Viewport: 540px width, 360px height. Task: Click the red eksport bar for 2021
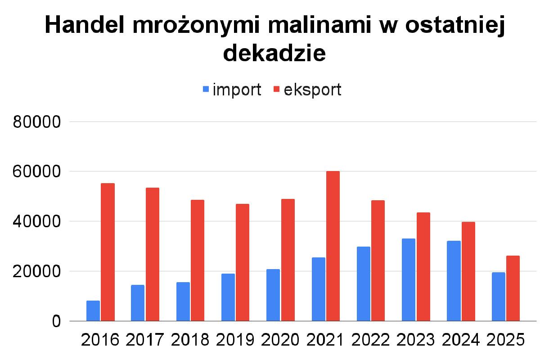pyautogui.click(x=333, y=246)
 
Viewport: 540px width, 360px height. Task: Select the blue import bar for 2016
pyautogui.click(x=93, y=311)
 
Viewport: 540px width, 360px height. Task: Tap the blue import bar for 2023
pyautogui.click(x=409, y=280)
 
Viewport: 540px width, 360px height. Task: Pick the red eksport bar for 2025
pyautogui.click(x=513, y=288)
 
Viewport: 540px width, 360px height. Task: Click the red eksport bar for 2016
pyautogui.click(x=108, y=252)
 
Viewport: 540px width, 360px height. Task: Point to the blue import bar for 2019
pyautogui.click(x=228, y=297)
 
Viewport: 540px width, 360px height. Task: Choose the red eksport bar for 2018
pyautogui.click(x=198, y=261)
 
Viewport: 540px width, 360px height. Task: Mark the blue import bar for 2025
pyautogui.click(x=499, y=297)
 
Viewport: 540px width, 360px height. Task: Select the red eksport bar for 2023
pyautogui.click(x=423, y=267)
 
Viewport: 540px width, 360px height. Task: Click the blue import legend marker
pyautogui.click(x=206, y=90)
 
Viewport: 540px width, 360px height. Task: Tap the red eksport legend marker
pyautogui.click(x=277, y=90)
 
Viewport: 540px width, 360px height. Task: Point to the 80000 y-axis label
pyautogui.click(x=36, y=122)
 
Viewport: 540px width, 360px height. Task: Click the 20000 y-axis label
pyautogui.click(x=36, y=272)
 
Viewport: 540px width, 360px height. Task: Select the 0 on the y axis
pyautogui.click(x=55, y=322)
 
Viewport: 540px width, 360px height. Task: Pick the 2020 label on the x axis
pyautogui.click(x=280, y=340)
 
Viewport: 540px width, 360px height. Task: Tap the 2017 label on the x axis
pyautogui.click(x=145, y=340)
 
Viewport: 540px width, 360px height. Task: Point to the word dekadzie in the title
pyautogui.click(x=274, y=54)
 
